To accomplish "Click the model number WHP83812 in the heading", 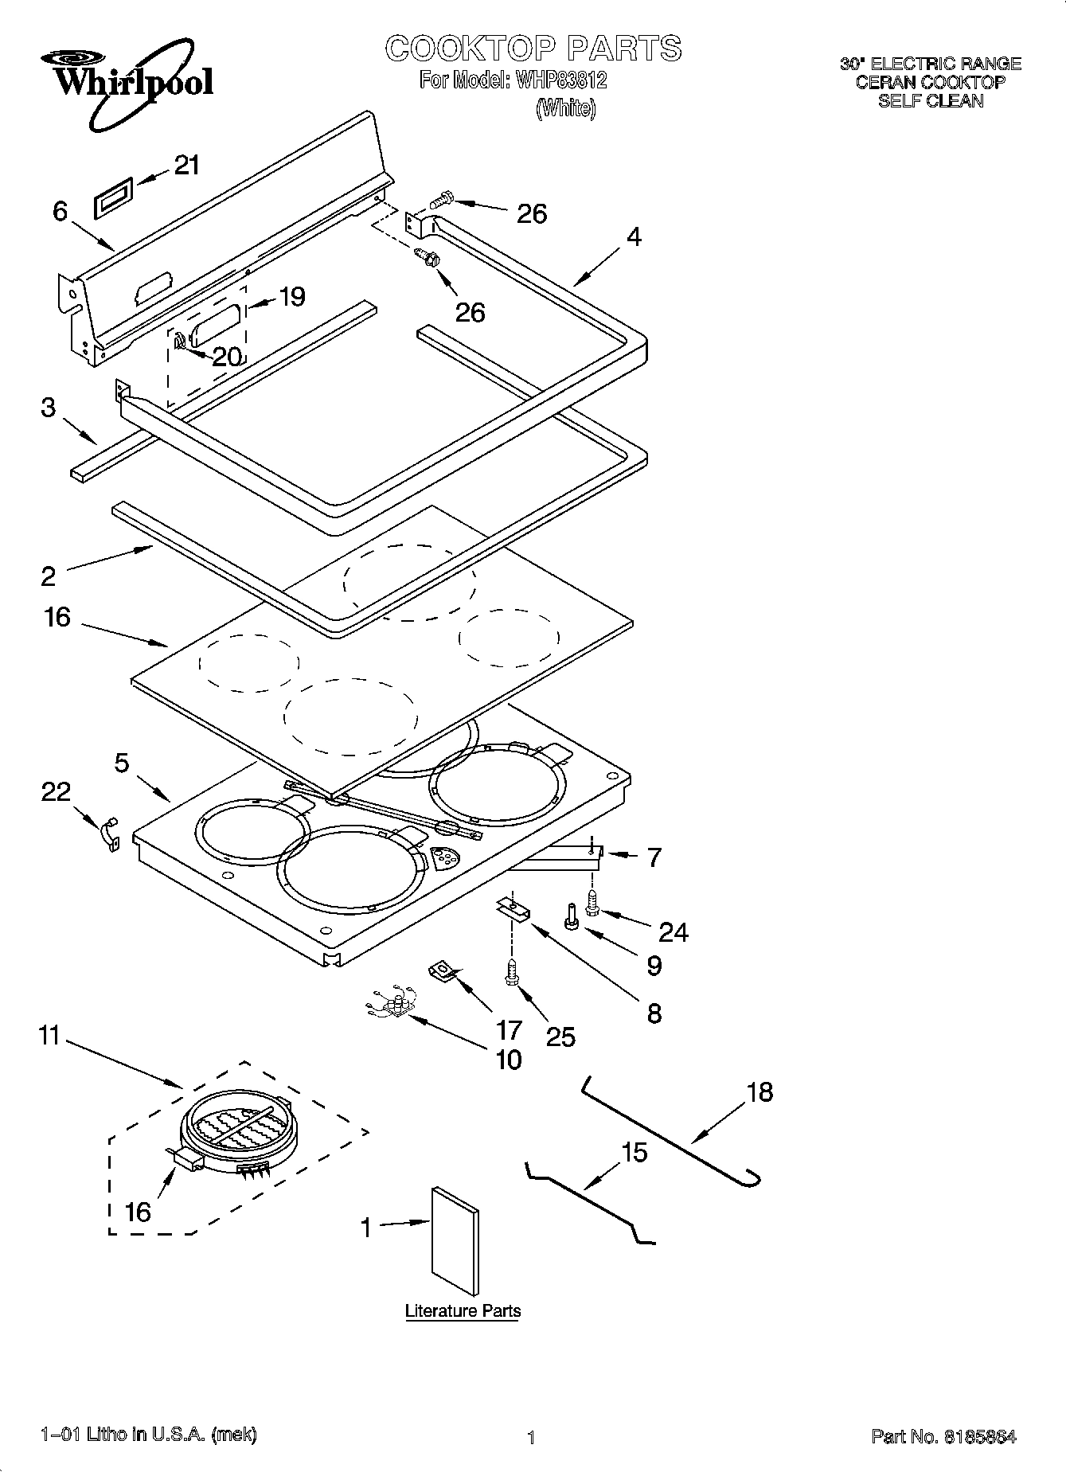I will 560,80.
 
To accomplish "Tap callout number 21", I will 186,166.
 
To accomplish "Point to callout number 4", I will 633,237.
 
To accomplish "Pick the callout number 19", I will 292,297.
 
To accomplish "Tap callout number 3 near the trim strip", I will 49,408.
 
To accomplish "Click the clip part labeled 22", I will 109,834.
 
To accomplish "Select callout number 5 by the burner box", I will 121,763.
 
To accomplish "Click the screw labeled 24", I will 593,903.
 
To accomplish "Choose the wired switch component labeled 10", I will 392,1006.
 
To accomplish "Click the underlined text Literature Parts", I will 463,1310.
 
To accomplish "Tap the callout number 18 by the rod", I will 760,1091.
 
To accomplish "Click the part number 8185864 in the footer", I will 980,1436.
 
